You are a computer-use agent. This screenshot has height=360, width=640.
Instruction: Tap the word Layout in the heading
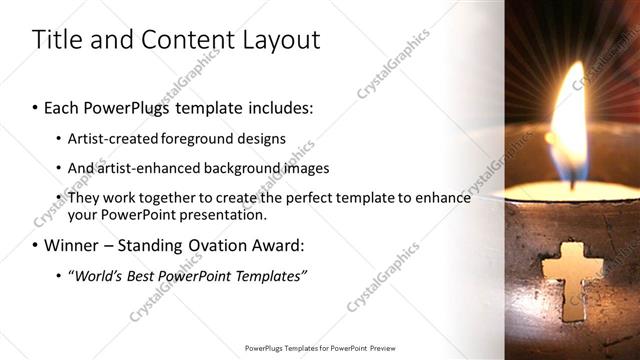276,40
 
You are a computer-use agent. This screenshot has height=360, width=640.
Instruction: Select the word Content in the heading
176,40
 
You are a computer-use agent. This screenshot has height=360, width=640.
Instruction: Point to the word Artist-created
109,138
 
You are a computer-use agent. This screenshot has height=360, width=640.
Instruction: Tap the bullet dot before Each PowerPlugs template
35,106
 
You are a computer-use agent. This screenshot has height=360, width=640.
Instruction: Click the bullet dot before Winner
35,246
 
